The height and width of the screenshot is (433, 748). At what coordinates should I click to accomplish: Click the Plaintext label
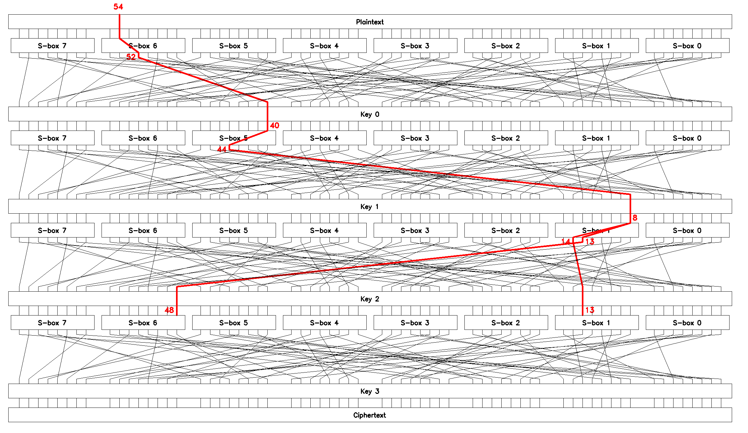[x=370, y=22]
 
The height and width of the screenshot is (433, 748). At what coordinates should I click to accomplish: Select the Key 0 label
[x=370, y=114]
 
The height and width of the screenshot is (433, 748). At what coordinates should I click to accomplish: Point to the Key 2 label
[x=370, y=299]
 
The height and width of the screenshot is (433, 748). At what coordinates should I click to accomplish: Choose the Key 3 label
[x=370, y=391]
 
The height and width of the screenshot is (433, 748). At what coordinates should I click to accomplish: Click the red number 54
[x=118, y=7]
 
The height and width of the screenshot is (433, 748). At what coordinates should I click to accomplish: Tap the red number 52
[x=131, y=57]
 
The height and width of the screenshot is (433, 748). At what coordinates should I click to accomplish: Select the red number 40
[x=274, y=126]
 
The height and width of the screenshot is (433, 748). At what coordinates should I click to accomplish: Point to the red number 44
[x=222, y=149]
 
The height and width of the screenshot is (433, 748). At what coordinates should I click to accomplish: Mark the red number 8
[x=635, y=218]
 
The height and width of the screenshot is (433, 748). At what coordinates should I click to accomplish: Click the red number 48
[x=169, y=310]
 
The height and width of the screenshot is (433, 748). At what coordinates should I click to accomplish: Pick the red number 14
[x=566, y=242]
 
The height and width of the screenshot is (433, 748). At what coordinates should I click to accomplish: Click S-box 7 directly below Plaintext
[x=52, y=46]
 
